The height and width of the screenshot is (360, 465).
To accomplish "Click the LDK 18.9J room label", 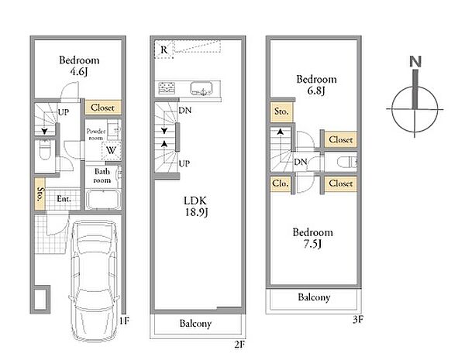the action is tap(196, 207).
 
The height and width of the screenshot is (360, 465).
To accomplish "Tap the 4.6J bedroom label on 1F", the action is tap(79, 66).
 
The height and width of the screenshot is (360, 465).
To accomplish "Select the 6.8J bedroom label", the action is tap(316, 84).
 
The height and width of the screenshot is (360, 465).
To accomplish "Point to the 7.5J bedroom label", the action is tap(313, 238).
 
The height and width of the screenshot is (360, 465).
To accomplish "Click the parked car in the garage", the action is tap(94, 280).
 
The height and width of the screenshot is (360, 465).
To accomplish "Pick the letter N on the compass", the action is tap(415, 62).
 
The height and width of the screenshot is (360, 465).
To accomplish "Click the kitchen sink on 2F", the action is tap(201, 88).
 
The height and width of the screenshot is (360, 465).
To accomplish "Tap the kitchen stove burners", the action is tap(167, 88).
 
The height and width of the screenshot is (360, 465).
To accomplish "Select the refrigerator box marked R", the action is tap(164, 50).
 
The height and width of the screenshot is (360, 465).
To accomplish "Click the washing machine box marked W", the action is tap(111, 150).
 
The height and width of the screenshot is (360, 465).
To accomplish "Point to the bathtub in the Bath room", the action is tap(102, 200).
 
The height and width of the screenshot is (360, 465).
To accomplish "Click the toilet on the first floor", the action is tap(45, 149).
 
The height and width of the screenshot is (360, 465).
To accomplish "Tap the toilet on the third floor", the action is tap(347, 162).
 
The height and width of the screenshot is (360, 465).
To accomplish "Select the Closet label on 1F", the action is tap(102, 108).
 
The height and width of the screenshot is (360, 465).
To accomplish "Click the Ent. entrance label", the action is tap(64, 199).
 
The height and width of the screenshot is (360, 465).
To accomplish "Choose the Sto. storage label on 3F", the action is tap(281, 111).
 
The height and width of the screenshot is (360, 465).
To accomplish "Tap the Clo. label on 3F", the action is tap(281, 183).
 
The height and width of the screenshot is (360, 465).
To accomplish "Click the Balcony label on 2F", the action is tap(195, 324).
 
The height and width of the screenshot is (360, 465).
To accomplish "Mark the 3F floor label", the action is tap(358, 320).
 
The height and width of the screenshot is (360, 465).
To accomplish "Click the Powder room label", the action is tap(96, 134).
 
